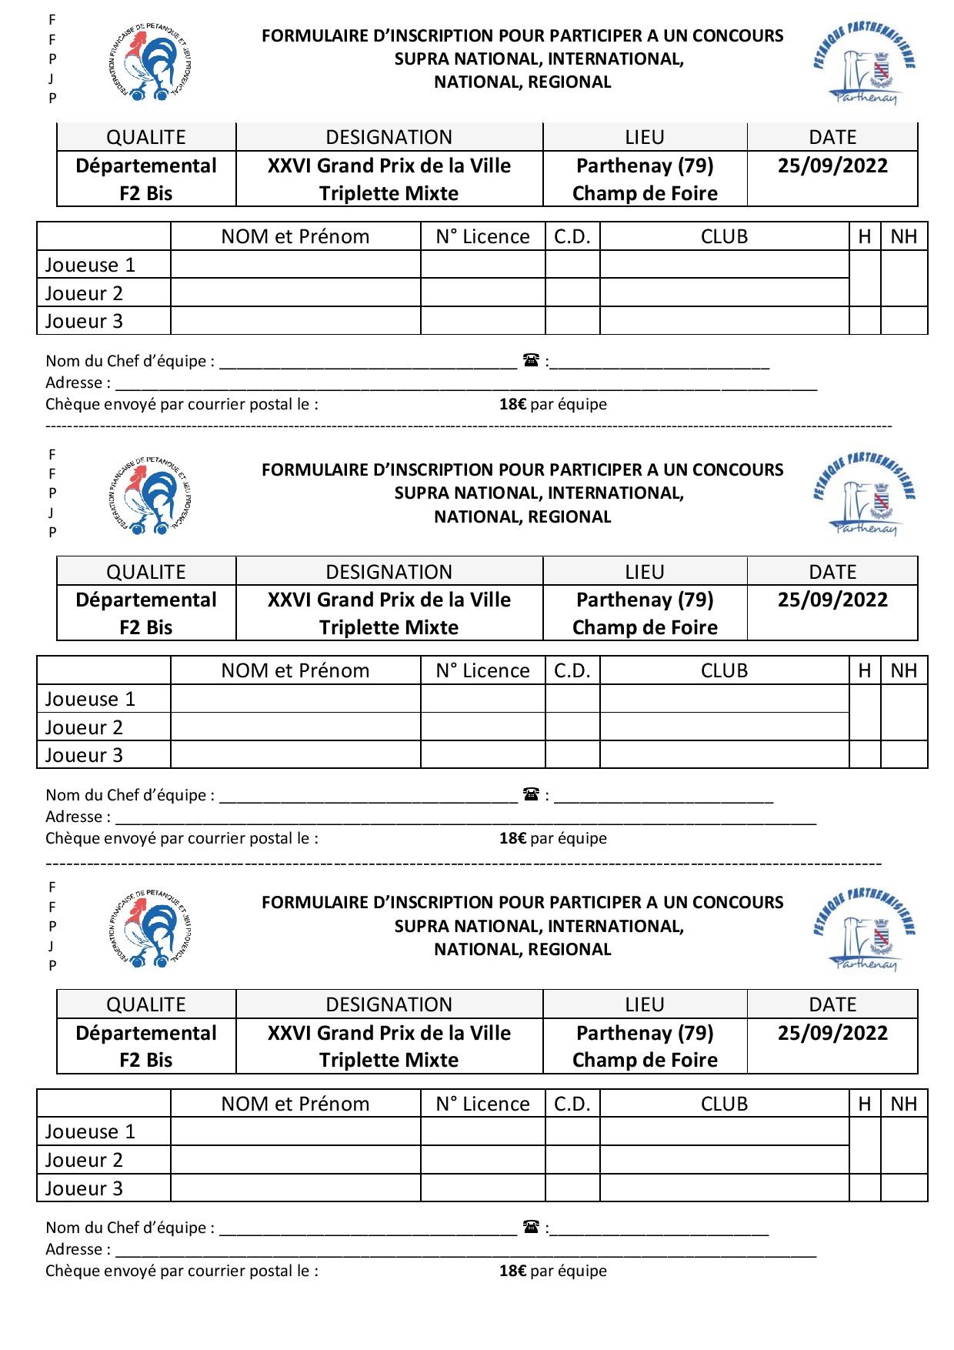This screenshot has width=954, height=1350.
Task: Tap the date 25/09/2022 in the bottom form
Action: tap(832, 1033)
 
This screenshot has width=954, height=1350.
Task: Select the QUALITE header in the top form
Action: tap(146, 137)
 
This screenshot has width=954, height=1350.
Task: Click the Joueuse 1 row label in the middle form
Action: tap(90, 699)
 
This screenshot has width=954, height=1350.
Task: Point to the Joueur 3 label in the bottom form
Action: tap(84, 1188)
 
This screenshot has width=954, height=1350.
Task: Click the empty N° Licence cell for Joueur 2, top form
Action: tap(482, 292)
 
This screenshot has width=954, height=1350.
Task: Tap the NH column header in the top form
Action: tap(903, 236)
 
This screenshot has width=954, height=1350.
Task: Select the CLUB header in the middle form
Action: tap(724, 670)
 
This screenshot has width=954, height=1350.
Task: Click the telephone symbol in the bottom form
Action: tap(530, 1227)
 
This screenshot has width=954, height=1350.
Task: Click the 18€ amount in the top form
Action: tap(512, 404)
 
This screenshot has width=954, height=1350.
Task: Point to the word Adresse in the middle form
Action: tap(74, 817)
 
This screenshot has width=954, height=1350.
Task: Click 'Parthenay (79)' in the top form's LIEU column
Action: tap(645, 165)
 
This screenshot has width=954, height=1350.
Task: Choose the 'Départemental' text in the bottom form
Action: tap(146, 1033)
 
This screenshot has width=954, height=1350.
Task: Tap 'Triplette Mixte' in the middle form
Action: tap(389, 627)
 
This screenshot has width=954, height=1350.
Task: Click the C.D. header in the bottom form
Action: tap(572, 1104)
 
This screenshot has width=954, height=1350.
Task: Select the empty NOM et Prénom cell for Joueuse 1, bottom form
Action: tap(295, 1131)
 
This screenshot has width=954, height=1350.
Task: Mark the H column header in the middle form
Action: tap(865, 670)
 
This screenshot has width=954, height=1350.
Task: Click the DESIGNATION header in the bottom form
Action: tap(389, 1004)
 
